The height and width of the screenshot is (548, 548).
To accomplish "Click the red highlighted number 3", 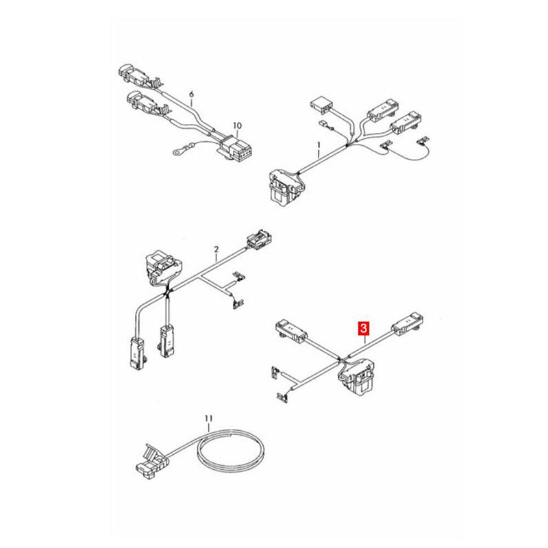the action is pos(364,328).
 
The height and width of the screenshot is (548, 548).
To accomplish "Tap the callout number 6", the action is pos(191,94).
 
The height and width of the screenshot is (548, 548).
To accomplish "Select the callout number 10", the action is pos(237,125).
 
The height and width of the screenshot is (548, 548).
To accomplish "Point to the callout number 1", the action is pos(319,145).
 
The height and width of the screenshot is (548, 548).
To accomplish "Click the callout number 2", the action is pos(216,249).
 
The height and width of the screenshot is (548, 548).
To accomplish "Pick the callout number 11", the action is pos(209,418).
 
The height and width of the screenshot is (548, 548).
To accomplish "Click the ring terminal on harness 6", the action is pos(177,151).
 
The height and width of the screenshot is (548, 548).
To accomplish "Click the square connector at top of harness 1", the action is pos(321,105).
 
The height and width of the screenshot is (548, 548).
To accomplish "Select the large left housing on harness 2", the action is pos(162,267).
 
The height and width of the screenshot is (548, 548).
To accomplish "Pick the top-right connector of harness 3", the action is pos(408,323).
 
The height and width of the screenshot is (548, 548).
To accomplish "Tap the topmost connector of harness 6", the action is pos(134,75).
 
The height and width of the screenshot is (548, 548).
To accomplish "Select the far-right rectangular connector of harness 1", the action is pos(406,123).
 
